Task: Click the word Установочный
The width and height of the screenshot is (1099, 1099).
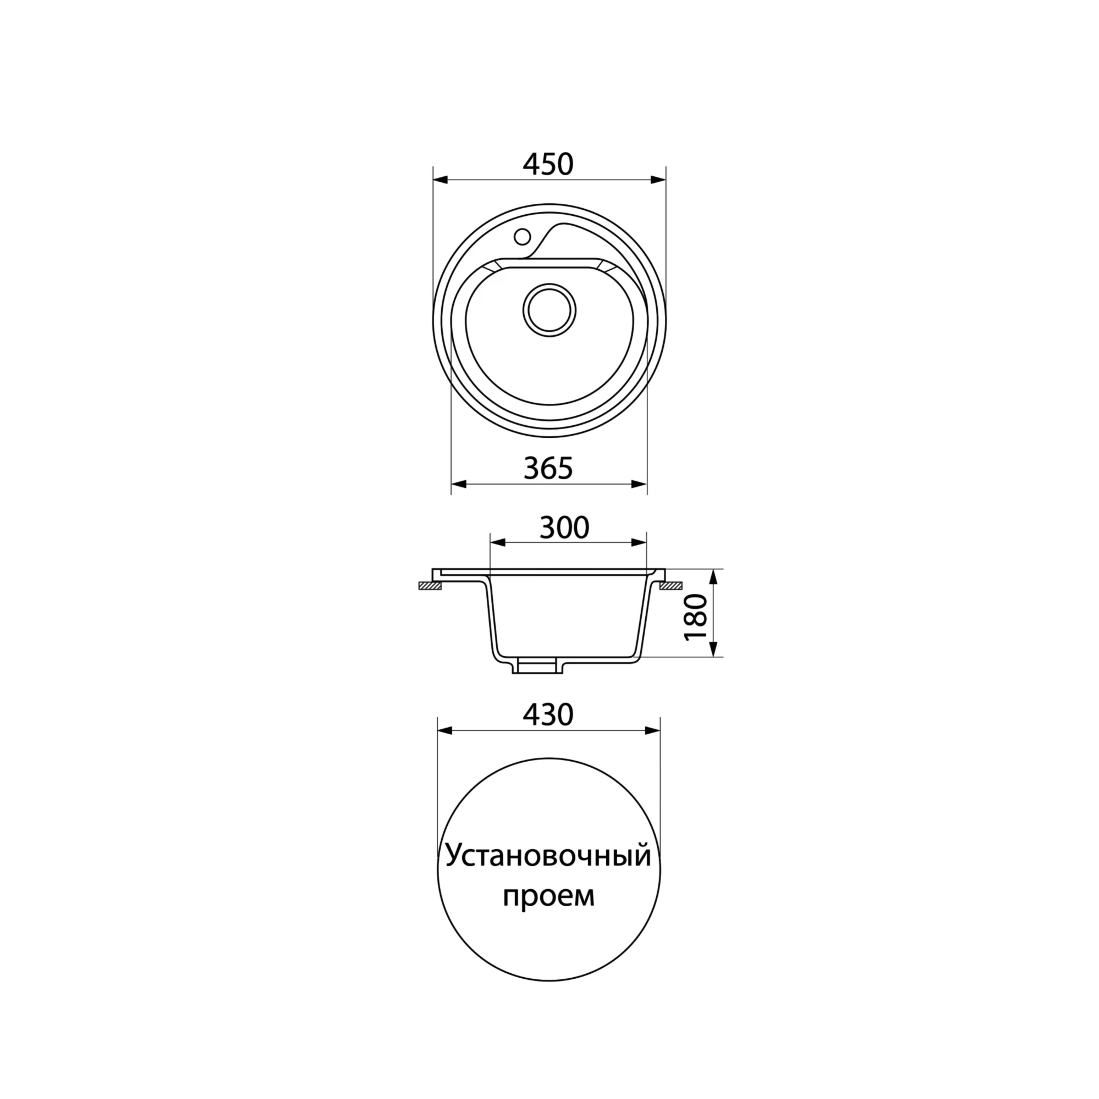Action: pyautogui.click(x=548, y=872)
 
